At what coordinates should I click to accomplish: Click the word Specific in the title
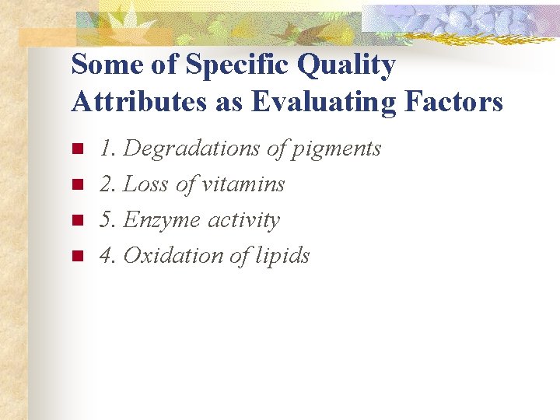point(229,65)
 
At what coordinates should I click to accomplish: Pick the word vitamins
point(243,184)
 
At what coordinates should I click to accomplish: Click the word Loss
point(146,184)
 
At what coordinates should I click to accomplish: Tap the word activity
point(243,221)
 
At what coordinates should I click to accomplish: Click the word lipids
point(284,257)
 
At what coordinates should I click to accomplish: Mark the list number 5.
point(106,220)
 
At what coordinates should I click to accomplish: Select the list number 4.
point(106,255)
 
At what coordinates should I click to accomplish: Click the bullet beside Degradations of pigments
point(76,149)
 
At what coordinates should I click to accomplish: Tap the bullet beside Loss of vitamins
point(76,184)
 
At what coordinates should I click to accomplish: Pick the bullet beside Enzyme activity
point(76,220)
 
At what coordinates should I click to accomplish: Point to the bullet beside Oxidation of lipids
point(76,256)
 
